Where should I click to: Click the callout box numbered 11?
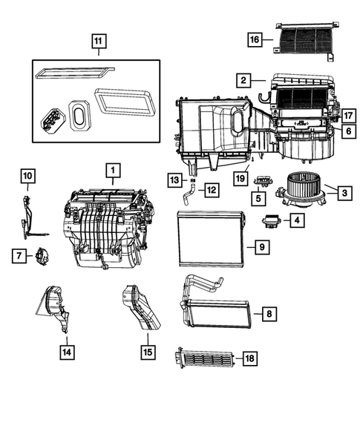pyautogui.click(x=98, y=42)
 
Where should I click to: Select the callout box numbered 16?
pyautogui.click(x=255, y=39)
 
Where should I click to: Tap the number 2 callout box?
pyautogui.click(x=242, y=79)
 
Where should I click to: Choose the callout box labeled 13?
pyautogui.click(x=173, y=180)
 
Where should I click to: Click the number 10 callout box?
pyautogui.click(x=27, y=176)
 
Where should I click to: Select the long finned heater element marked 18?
pyautogui.click(x=203, y=359)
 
